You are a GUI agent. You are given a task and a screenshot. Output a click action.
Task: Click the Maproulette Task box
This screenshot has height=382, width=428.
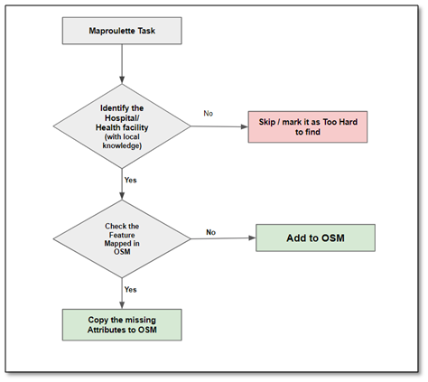pyautogui.click(x=122, y=31)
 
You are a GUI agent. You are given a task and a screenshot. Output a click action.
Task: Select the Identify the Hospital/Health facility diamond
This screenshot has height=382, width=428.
pyautogui.click(x=122, y=126)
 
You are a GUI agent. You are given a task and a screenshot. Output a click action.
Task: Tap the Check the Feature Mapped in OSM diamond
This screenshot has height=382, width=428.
pyautogui.click(x=122, y=238)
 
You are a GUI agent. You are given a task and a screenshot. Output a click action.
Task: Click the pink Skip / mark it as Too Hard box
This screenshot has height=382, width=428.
pyautogui.click(x=308, y=126)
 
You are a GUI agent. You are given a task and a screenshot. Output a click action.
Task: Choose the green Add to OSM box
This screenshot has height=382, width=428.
pyautogui.click(x=315, y=238)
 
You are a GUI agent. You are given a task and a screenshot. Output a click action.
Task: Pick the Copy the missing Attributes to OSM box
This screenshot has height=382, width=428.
pyautogui.click(x=122, y=325)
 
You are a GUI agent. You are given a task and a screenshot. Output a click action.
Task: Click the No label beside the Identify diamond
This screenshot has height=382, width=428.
pyautogui.click(x=209, y=114)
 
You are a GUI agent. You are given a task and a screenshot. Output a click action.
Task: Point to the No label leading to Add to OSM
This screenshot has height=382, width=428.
pyautogui.click(x=210, y=232)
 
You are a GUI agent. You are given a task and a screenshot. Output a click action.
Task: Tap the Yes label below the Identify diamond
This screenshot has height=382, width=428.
pyautogui.click(x=131, y=180)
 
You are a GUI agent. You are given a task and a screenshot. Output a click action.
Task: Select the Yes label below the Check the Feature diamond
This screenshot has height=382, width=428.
pyautogui.click(x=131, y=290)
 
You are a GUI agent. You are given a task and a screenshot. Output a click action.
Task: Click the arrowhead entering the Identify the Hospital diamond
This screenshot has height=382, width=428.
pyautogui.click(x=122, y=79)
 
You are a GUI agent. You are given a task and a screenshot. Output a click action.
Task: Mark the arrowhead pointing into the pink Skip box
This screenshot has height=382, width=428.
pyautogui.click(x=245, y=126)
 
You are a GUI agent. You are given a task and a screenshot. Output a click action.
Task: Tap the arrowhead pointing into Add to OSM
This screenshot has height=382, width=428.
pyautogui.click(x=252, y=238)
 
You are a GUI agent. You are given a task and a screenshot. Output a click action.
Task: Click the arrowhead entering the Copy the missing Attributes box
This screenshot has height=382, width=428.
pyautogui.click(x=122, y=305)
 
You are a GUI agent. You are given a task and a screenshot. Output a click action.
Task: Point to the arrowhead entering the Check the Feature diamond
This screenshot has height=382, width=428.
pyautogui.click(x=122, y=196)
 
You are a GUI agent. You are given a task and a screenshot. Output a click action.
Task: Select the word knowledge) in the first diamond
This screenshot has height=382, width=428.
pyautogui.click(x=122, y=145)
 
